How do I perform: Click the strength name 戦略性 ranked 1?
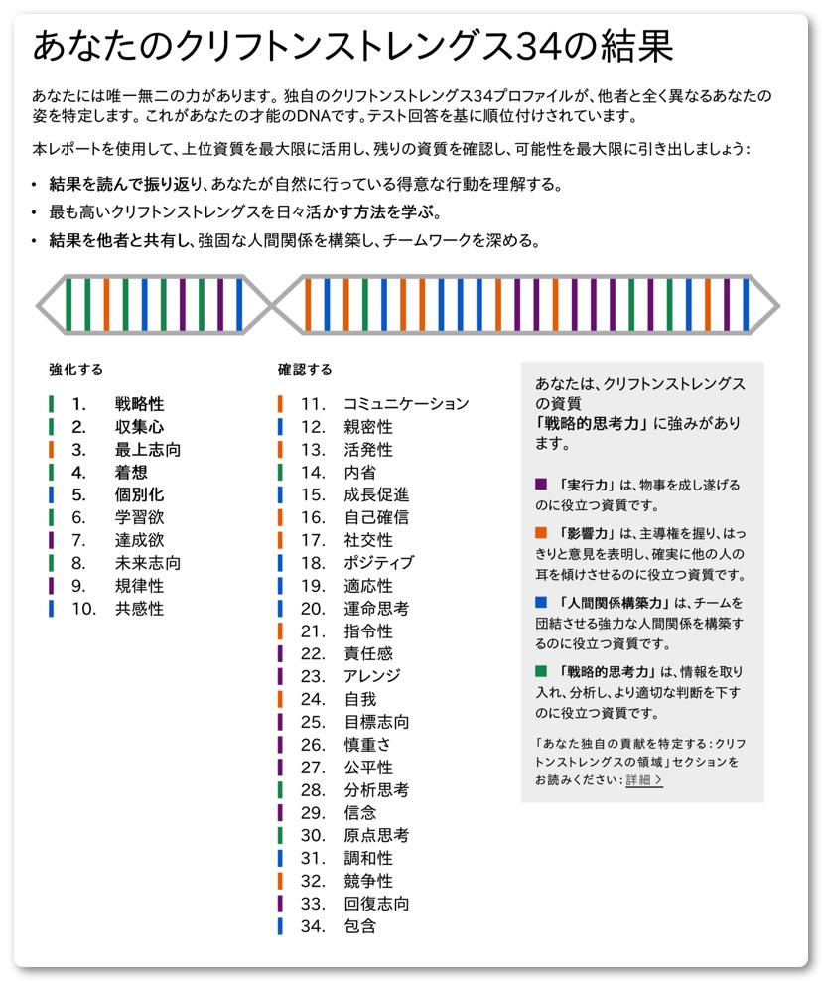pos(139,404)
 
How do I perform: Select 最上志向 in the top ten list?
pos(147,450)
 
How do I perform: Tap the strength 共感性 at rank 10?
pos(139,609)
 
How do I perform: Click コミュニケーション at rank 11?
pos(405,404)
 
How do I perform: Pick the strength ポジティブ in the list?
pos(378,563)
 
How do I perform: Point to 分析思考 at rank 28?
pos(376,790)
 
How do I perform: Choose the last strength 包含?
pos(360,926)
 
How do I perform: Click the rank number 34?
pos(313,926)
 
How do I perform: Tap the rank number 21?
pos(313,631)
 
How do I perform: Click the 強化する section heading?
pos(76,370)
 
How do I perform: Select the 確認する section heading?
pos(305,370)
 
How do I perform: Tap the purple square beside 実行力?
pos(541,485)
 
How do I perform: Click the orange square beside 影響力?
pos(541,533)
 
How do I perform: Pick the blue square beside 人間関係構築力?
pos(541,602)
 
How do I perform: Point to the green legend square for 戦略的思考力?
pos(541,670)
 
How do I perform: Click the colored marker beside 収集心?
pos(51,427)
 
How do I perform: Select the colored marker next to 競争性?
pos(280,881)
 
